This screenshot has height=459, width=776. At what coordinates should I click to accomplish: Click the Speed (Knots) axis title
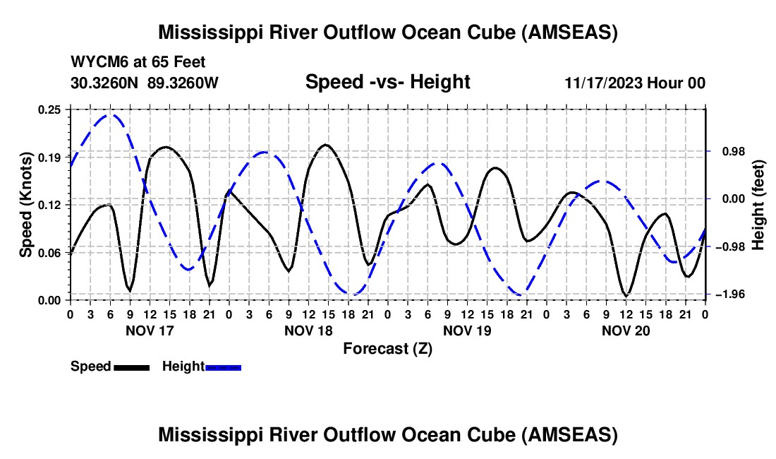(x=25, y=205)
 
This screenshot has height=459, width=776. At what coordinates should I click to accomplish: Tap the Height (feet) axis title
(x=758, y=205)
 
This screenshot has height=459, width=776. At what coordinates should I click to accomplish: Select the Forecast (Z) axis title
(x=387, y=348)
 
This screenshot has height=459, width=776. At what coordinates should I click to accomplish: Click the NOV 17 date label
(x=149, y=330)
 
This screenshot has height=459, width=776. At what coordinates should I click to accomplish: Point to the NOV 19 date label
(x=467, y=330)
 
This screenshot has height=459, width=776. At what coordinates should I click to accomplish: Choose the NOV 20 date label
(x=626, y=330)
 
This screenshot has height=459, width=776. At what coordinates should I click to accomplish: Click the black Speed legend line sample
(x=131, y=367)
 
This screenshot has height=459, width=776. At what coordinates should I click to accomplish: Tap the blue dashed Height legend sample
(x=223, y=367)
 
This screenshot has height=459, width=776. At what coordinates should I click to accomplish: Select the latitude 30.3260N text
(x=106, y=83)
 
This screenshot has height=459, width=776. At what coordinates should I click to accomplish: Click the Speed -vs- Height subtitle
(x=387, y=82)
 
